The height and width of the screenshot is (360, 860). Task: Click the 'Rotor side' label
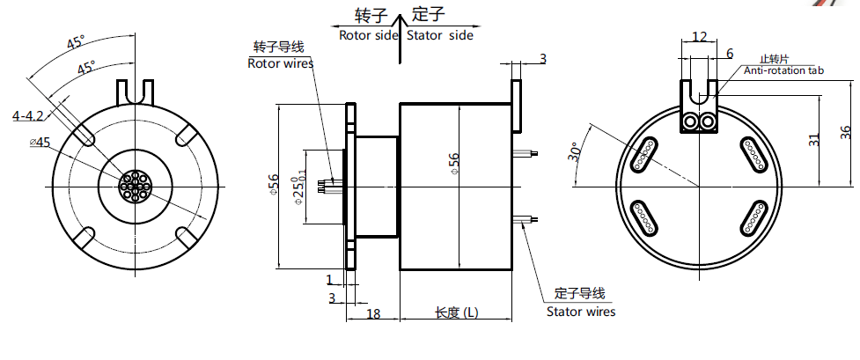click(367, 35)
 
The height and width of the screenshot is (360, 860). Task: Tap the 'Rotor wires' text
click(280, 63)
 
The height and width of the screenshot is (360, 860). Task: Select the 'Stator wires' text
click(581, 312)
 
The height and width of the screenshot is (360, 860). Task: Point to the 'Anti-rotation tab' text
click(783, 70)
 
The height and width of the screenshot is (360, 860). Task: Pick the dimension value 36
click(845, 132)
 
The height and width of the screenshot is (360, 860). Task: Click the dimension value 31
click(814, 138)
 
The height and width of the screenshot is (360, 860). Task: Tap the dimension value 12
click(700, 36)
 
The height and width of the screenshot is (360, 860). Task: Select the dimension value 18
click(372, 314)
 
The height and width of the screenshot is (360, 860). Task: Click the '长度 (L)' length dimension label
click(457, 313)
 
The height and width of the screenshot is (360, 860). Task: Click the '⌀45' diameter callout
click(40, 142)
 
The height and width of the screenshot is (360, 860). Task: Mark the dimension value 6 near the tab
click(729, 54)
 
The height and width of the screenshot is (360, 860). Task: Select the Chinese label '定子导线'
click(580, 294)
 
